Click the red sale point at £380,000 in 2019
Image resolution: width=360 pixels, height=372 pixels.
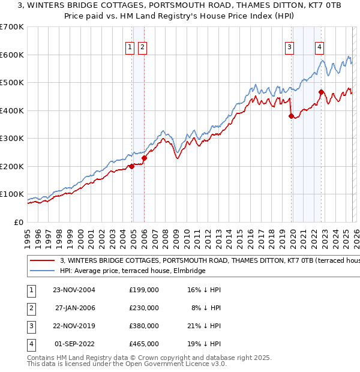click(291, 116)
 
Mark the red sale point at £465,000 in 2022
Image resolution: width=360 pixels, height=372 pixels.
click(321, 92)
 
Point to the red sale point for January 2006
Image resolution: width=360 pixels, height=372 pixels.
click(144, 158)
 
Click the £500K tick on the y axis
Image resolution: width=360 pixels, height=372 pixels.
click(13, 83)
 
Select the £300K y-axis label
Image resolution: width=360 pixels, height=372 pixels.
click(13, 139)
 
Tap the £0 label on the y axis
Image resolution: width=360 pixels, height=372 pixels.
click(19, 222)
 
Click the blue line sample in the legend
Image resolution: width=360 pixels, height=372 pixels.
click(43, 271)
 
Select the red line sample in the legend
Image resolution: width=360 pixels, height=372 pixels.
click(43, 261)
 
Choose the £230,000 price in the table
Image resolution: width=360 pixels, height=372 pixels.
click(144, 308)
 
